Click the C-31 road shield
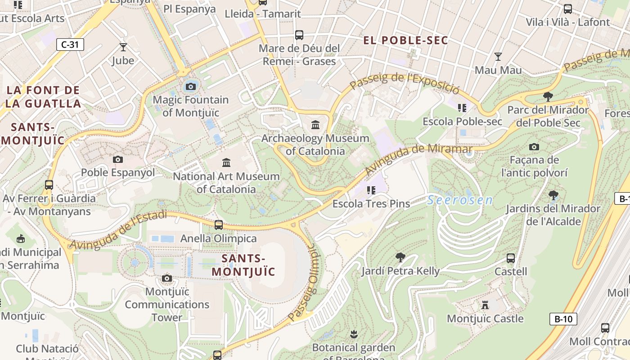click(70, 45)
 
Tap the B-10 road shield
click(563, 319)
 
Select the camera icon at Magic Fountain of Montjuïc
click(190, 86)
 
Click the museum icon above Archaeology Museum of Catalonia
click(315, 125)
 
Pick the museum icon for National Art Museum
click(226, 162)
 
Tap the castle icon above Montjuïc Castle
click(485, 305)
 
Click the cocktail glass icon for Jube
click(123, 47)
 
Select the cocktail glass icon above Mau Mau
click(498, 57)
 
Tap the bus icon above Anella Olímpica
click(219, 225)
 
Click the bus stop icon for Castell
click(511, 258)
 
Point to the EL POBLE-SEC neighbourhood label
click(405, 40)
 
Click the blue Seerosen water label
click(459, 200)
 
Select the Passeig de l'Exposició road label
click(404, 81)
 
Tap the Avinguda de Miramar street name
click(418, 159)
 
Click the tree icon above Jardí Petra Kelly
click(400, 257)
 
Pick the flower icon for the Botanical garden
click(353, 334)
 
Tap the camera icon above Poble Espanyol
click(118, 159)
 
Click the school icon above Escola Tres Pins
click(371, 190)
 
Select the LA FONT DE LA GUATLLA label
click(43, 97)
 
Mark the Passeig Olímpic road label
click(303, 283)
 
